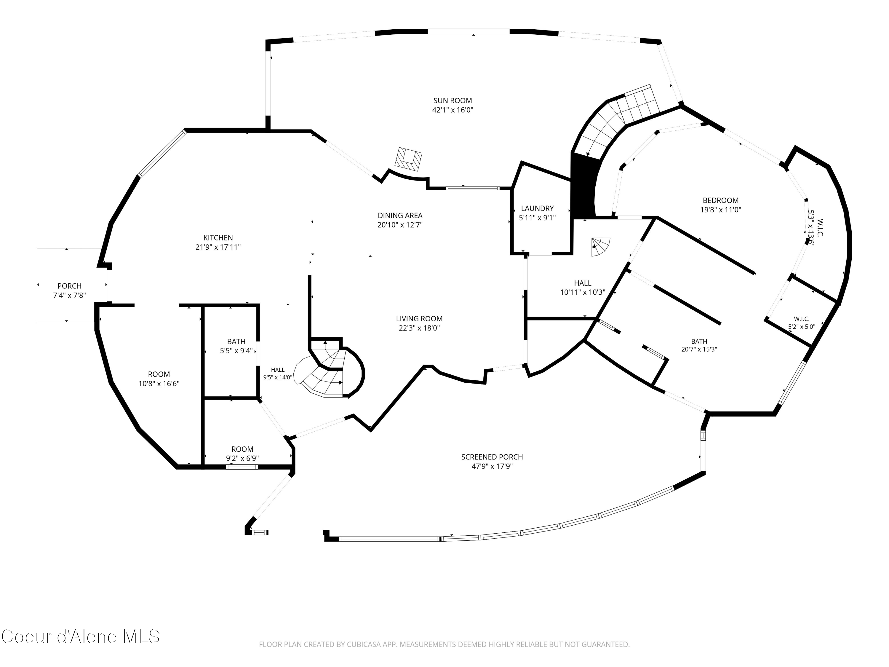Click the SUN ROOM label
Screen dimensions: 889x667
tap(453, 100)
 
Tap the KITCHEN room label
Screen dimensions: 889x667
tap(218, 238)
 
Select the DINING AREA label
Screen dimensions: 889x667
tap(400, 216)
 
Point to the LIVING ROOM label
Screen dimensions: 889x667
tap(419, 318)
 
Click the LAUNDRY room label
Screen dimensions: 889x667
tap(537, 208)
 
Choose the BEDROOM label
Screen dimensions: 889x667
tap(721, 200)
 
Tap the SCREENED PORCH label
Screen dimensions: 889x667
tap(492, 457)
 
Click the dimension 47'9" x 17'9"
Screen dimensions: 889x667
tap(492, 466)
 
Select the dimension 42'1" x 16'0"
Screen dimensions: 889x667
tap(453, 110)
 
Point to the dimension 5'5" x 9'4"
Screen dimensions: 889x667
tap(236, 351)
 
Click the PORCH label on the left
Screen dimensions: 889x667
tap(70, 286)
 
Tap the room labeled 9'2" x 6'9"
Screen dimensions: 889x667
tap(242, 454)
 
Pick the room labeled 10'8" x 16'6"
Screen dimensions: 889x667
tap(159, 379)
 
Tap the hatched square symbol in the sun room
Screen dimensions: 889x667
tap(409, 159)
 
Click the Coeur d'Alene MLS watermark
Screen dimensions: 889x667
tap(80, 636)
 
